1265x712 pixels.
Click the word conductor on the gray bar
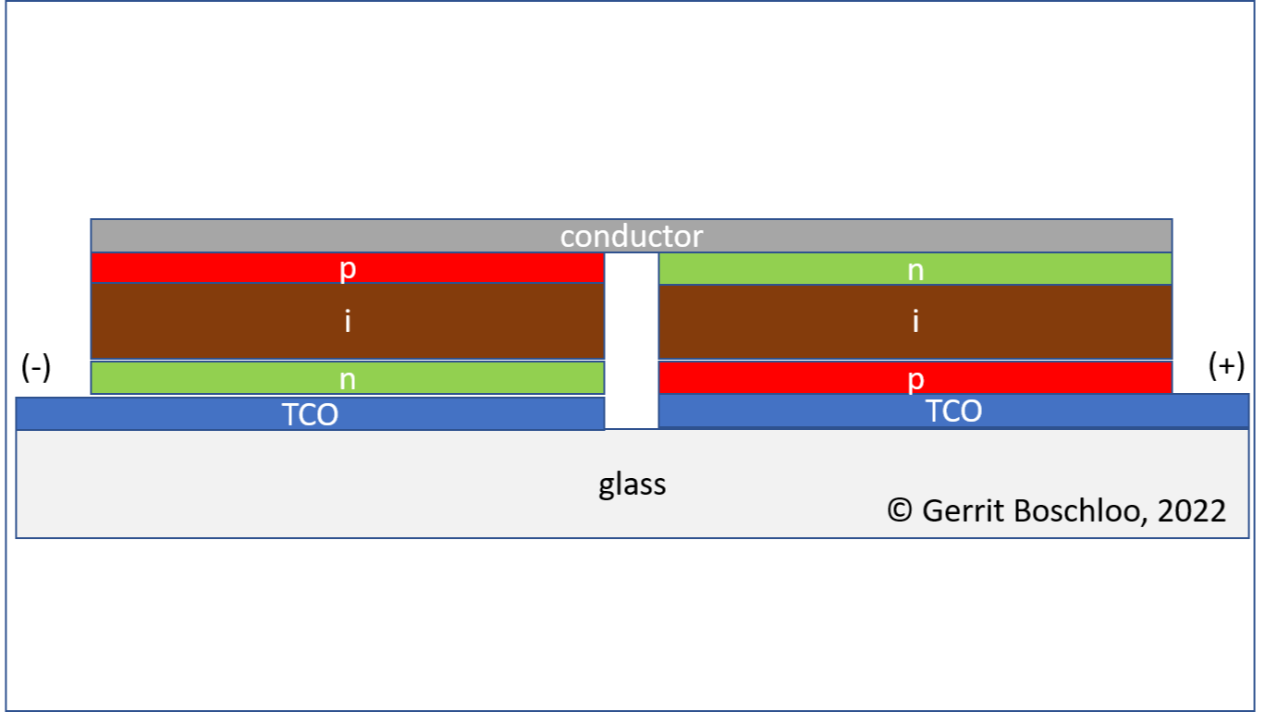(x=632, y=236)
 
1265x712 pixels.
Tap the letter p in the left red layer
(x=348, y=269)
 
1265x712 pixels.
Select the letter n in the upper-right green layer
(x=915, y=271)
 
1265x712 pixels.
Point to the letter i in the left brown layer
(x=348, y=321)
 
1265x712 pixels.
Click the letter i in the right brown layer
(x=915, y=321)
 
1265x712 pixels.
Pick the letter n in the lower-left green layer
(x=348, y=379)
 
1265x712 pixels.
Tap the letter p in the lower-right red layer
(x=915, y=379)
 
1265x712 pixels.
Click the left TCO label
(x=310, y=414)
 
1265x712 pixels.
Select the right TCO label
(x=953, y=411)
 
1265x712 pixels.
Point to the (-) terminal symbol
(x=36, y=367)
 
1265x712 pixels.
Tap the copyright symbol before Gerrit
(x=900, y=509)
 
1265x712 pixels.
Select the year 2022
(x=1192, y=510)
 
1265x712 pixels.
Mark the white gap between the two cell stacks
(x=632, y=340)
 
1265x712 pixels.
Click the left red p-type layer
(x=348, y=267)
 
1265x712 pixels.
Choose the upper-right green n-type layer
(x=915, y=269)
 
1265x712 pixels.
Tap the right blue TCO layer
(x=953, y=411)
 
